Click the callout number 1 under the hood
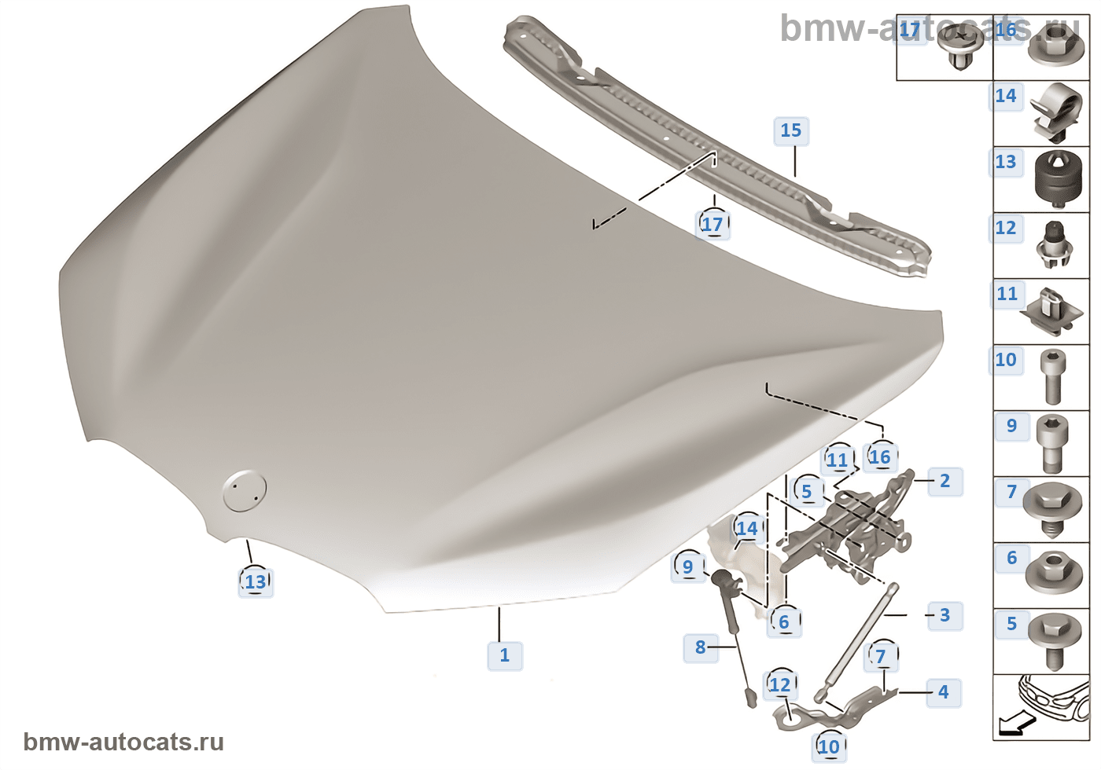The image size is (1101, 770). [x=505, y=655]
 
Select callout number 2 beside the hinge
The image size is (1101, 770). [x=945, y=481]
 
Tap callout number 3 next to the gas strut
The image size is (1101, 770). [x=945, y=615]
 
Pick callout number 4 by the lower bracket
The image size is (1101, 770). [x=943, y=692]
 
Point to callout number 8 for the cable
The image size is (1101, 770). [x=701, y=647]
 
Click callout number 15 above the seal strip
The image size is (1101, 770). [x=791, y=130]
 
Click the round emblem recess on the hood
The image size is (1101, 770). [x=244, y=491]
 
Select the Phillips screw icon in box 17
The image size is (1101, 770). [x=961, y=45]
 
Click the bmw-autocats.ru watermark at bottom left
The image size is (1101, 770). [x=123, y=742]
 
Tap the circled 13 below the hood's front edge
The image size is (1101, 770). [x=256, y=582]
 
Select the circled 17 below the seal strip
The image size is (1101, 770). [x=713, y=225]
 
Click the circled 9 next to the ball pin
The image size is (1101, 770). [x=688, y=566]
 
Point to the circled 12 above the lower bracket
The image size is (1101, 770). [x=779, y=685]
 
